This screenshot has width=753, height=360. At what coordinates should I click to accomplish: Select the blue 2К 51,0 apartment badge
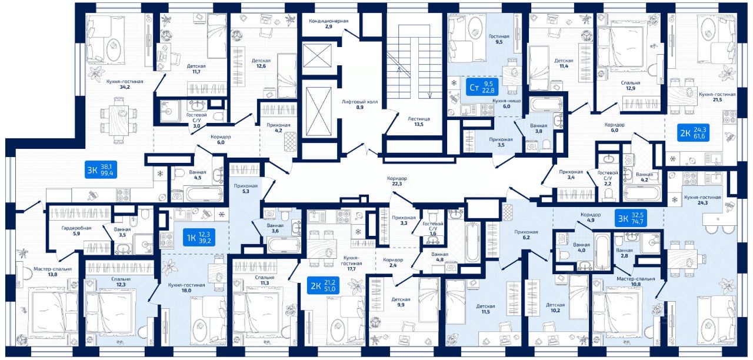click(323, 286)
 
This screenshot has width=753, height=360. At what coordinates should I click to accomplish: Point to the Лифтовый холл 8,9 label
click(359, 104)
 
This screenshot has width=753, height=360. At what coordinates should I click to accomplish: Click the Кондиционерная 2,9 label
click(329, 24)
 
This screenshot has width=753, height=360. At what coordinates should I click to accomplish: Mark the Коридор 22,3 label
click(397, 181)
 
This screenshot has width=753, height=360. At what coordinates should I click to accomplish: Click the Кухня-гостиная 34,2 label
click(125, 85)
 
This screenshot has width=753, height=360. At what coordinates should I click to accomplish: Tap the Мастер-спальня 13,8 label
click(52, 271)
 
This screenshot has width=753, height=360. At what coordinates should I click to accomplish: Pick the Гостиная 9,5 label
click(499, 39)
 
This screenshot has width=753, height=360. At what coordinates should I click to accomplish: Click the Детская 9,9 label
click(401, 302)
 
